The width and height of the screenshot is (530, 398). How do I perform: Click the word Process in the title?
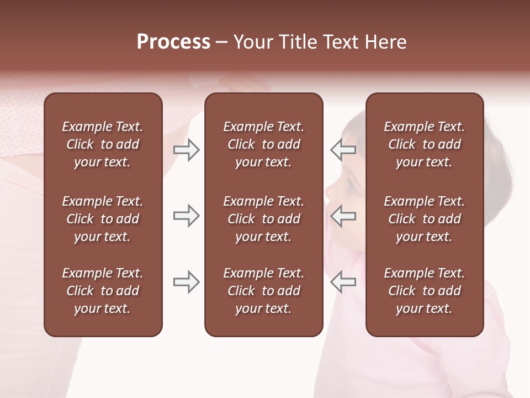coord(173,42)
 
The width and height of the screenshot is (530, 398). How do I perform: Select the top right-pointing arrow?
coord(186,150)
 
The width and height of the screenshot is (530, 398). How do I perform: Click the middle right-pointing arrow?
coord(186,216)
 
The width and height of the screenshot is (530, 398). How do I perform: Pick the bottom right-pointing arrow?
coord(186,282)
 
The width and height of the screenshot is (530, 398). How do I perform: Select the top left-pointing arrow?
coord(343,149)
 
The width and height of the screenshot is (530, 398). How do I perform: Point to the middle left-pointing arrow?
coord(343,216)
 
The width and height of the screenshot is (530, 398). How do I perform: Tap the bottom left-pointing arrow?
coord(343,282)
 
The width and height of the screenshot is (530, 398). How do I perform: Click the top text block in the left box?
coord(103,144)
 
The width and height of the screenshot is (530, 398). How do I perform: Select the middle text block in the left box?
coord(103,219)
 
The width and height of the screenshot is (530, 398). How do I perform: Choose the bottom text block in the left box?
coord(103,291)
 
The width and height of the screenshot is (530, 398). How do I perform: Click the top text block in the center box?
coord(263,144)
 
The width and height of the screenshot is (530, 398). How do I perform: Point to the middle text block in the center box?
coord(263,219)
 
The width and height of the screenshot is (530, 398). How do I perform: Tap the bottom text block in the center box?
coord(263,291)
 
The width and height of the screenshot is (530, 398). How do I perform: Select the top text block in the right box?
coord(424,144)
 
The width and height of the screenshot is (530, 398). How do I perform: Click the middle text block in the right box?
coord(424,219)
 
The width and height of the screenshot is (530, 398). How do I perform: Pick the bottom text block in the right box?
coord(424,291)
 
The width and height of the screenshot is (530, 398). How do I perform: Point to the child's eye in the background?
coord(352,185)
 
